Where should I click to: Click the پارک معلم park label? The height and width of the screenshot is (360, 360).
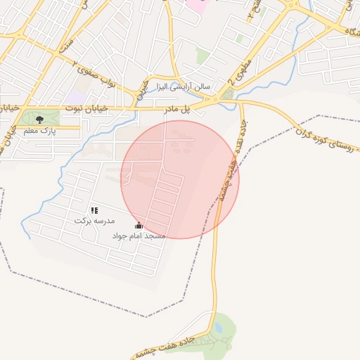40,131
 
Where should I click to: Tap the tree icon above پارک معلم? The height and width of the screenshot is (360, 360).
39,119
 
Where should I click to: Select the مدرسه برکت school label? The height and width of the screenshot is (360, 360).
94,220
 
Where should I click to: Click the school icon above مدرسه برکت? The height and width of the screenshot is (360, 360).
94,210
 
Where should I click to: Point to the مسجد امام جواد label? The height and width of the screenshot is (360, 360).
139,236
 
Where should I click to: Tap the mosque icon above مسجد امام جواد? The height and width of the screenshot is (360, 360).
139,226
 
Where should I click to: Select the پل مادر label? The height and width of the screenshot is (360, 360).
178,110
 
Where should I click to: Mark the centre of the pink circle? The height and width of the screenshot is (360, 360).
180,179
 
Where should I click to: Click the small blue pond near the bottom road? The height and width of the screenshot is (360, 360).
218,328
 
